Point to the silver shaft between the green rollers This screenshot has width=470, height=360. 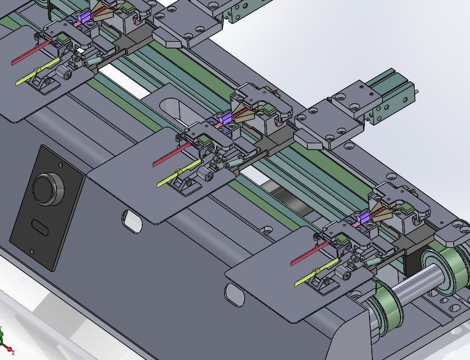(414, 286)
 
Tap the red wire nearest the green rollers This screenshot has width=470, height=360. (308, 254)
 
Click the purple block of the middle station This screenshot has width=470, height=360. (225, 118)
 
